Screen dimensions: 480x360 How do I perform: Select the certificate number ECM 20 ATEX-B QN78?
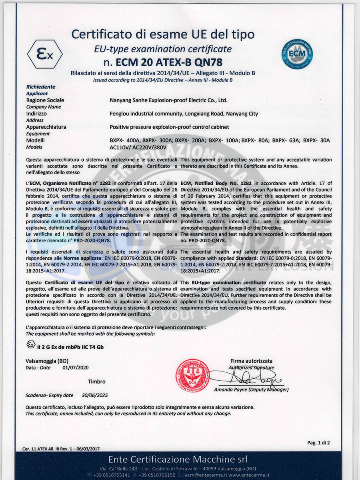click(162, 63)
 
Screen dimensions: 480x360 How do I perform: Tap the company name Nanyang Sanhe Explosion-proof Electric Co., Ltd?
click(168, 100)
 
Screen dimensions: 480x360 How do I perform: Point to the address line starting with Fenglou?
click(184, 114)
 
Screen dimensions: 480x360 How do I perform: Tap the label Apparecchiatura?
click(46, 127)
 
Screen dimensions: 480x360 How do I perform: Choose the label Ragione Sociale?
click(45, 100)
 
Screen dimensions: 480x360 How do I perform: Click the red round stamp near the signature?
click(193, 376)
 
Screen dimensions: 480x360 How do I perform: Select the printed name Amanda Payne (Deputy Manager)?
click(251, 390)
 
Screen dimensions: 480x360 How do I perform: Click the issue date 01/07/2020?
click(76, 367)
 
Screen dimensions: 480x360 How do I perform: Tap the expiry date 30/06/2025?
click(95, 395)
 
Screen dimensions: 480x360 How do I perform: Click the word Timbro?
click(96, 382)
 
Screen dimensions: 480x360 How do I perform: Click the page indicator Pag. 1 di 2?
click(318, 442)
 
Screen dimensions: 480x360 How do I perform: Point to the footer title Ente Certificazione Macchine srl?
click(178, 458)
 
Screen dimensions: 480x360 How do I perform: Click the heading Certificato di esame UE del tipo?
click(163, 34)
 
